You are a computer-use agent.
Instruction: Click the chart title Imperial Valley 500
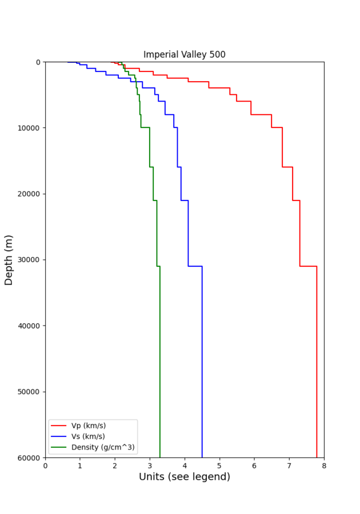click(x=184, y=55)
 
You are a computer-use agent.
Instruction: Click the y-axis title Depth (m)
click(x=9, y=259)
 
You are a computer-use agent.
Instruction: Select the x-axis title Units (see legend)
click(x=184, y=493)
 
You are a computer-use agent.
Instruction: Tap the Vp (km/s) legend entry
click(x=88, y=425)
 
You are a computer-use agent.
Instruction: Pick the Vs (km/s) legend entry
click(x=88, y=436)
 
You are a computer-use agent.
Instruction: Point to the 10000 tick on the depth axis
click(x=29, y=128)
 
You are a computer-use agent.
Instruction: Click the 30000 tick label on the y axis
click(x=29, y=260)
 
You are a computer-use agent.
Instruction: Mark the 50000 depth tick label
click(x=29, y=392)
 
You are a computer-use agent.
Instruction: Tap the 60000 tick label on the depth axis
click(x=29, y=457)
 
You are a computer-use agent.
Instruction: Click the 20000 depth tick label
click(x=29, y=194)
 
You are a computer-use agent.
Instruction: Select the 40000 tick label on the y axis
click(x=29, y=326)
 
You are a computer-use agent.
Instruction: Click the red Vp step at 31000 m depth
click(x=308, y=266)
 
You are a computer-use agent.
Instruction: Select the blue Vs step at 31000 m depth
click(x=195, y=266)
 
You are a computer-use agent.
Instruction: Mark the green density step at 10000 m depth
click(x=145, y=127)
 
